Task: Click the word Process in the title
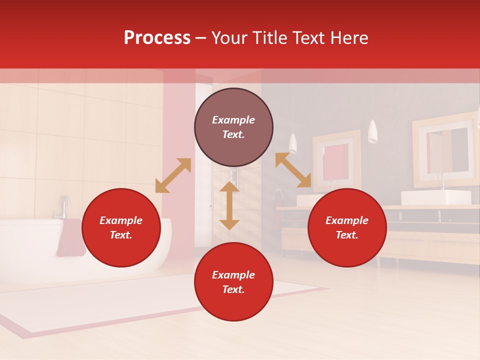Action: tap(157, 38)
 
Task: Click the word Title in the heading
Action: tap(270, 38)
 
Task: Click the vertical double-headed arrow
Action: tap(229, 205)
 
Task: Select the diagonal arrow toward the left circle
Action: tap(173, 175)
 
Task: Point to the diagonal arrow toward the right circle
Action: tap(293, 170)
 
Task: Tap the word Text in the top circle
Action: tap(233, 134)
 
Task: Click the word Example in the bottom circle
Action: tap(233, 275)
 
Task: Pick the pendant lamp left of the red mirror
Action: tap(293, 142)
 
